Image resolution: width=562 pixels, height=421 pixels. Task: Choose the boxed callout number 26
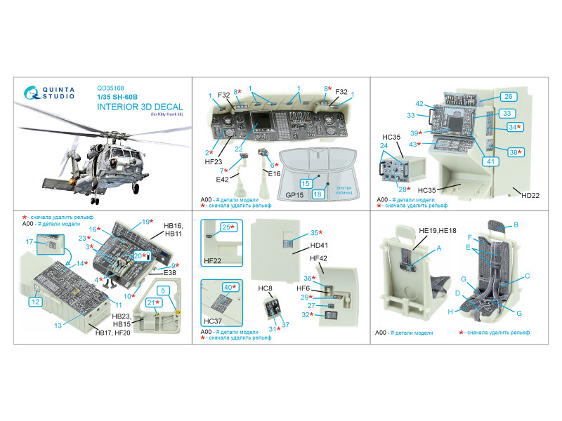coord(509,97)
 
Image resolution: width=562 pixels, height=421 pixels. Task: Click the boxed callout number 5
coord(162,289)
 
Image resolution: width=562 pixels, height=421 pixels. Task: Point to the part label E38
coord(170,274)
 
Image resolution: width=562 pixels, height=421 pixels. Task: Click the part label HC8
coord(265,288)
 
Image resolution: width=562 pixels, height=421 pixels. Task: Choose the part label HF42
coord(319,260)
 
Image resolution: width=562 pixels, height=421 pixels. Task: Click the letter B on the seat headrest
coord(516,225)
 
